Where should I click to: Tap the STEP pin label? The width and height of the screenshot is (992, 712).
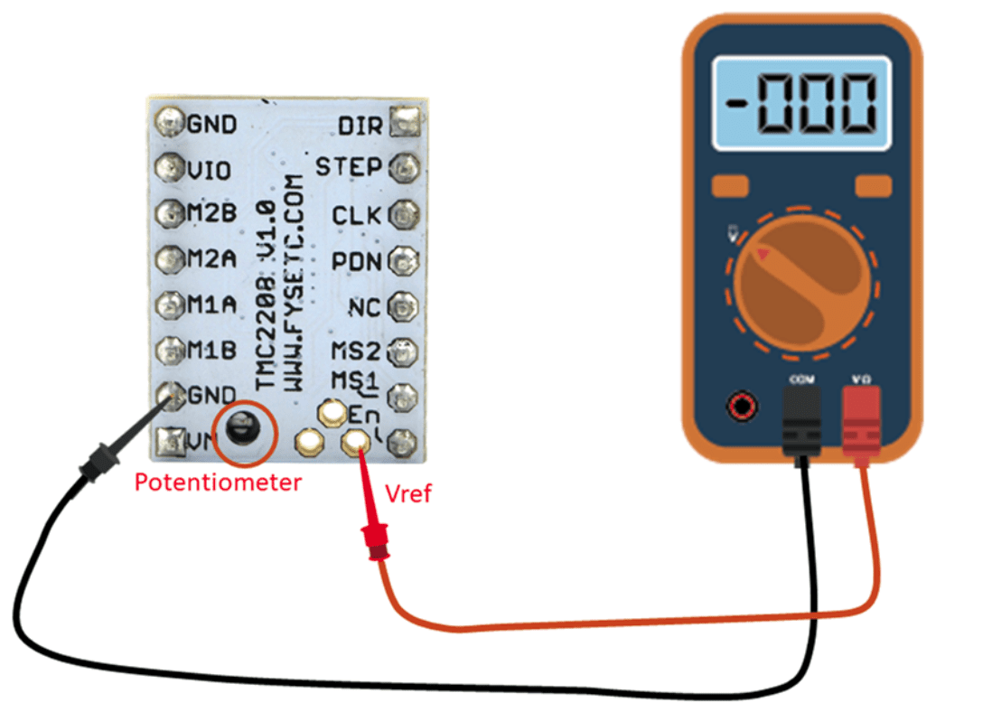click(350, 167)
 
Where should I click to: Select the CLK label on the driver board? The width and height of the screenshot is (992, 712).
click(357, 216)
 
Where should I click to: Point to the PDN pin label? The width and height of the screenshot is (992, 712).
click(357, 262)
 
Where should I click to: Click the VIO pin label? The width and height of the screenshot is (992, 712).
click(209, 169)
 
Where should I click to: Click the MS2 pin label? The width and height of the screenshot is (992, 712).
click(355, 350)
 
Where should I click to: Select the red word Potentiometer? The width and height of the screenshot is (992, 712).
click(218, 482)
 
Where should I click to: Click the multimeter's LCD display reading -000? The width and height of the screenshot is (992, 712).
click(801, 102)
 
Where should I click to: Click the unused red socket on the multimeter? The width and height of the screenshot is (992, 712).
click(743, 405)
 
